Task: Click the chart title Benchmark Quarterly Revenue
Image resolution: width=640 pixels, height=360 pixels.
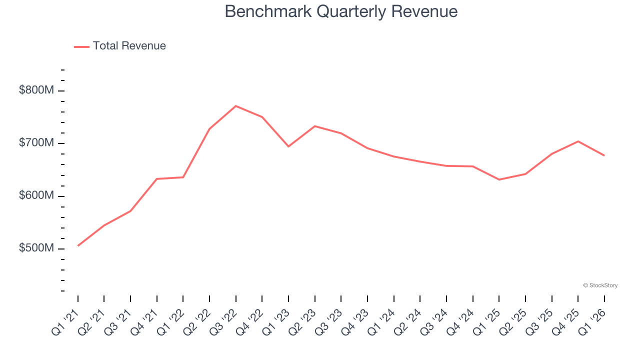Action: [341, 11]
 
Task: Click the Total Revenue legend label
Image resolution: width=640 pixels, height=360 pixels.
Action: [129, 46]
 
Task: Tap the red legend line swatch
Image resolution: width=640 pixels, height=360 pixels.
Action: [81, 46]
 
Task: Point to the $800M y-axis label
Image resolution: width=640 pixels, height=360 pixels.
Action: [36, 90]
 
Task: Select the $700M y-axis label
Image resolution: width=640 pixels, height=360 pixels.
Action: [36, 143]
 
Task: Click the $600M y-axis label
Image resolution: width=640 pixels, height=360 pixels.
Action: [36, 196]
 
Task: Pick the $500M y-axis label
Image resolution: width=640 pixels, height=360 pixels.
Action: [36, 248]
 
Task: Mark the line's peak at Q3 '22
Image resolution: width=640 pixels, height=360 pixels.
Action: [236, 106]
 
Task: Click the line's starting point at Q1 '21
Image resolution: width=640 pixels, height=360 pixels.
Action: [78, 245]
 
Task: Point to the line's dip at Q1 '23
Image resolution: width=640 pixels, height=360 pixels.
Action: [288, 146]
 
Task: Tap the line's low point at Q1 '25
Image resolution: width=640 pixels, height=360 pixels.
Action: [499, 179]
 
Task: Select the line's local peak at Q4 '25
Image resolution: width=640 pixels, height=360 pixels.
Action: [578, 141]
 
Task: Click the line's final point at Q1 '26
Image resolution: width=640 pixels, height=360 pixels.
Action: [604, 155]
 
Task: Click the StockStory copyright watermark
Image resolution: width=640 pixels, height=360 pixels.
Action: [600, 285]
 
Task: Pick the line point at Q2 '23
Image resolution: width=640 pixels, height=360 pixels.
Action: [315, 126]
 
